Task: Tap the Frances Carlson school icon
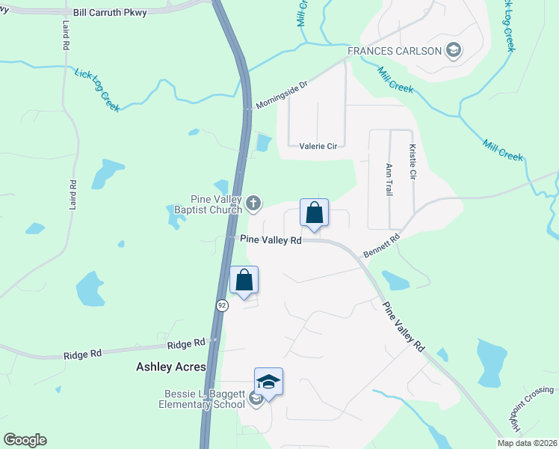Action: coord(453,51)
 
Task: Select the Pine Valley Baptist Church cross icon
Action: coord(254,202)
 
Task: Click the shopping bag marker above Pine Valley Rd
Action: coord(315,213)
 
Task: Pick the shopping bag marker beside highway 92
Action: coord(244,281)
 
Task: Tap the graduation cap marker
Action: coord(268,382)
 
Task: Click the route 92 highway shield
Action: coord(222,305)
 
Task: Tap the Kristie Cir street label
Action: coord(411,162)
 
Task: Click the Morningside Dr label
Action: coord(280,94)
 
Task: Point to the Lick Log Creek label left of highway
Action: coord(97,90)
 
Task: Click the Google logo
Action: coord(25,440)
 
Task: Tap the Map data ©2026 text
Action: coord(526,443)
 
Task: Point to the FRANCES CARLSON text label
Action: coord(394,51)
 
